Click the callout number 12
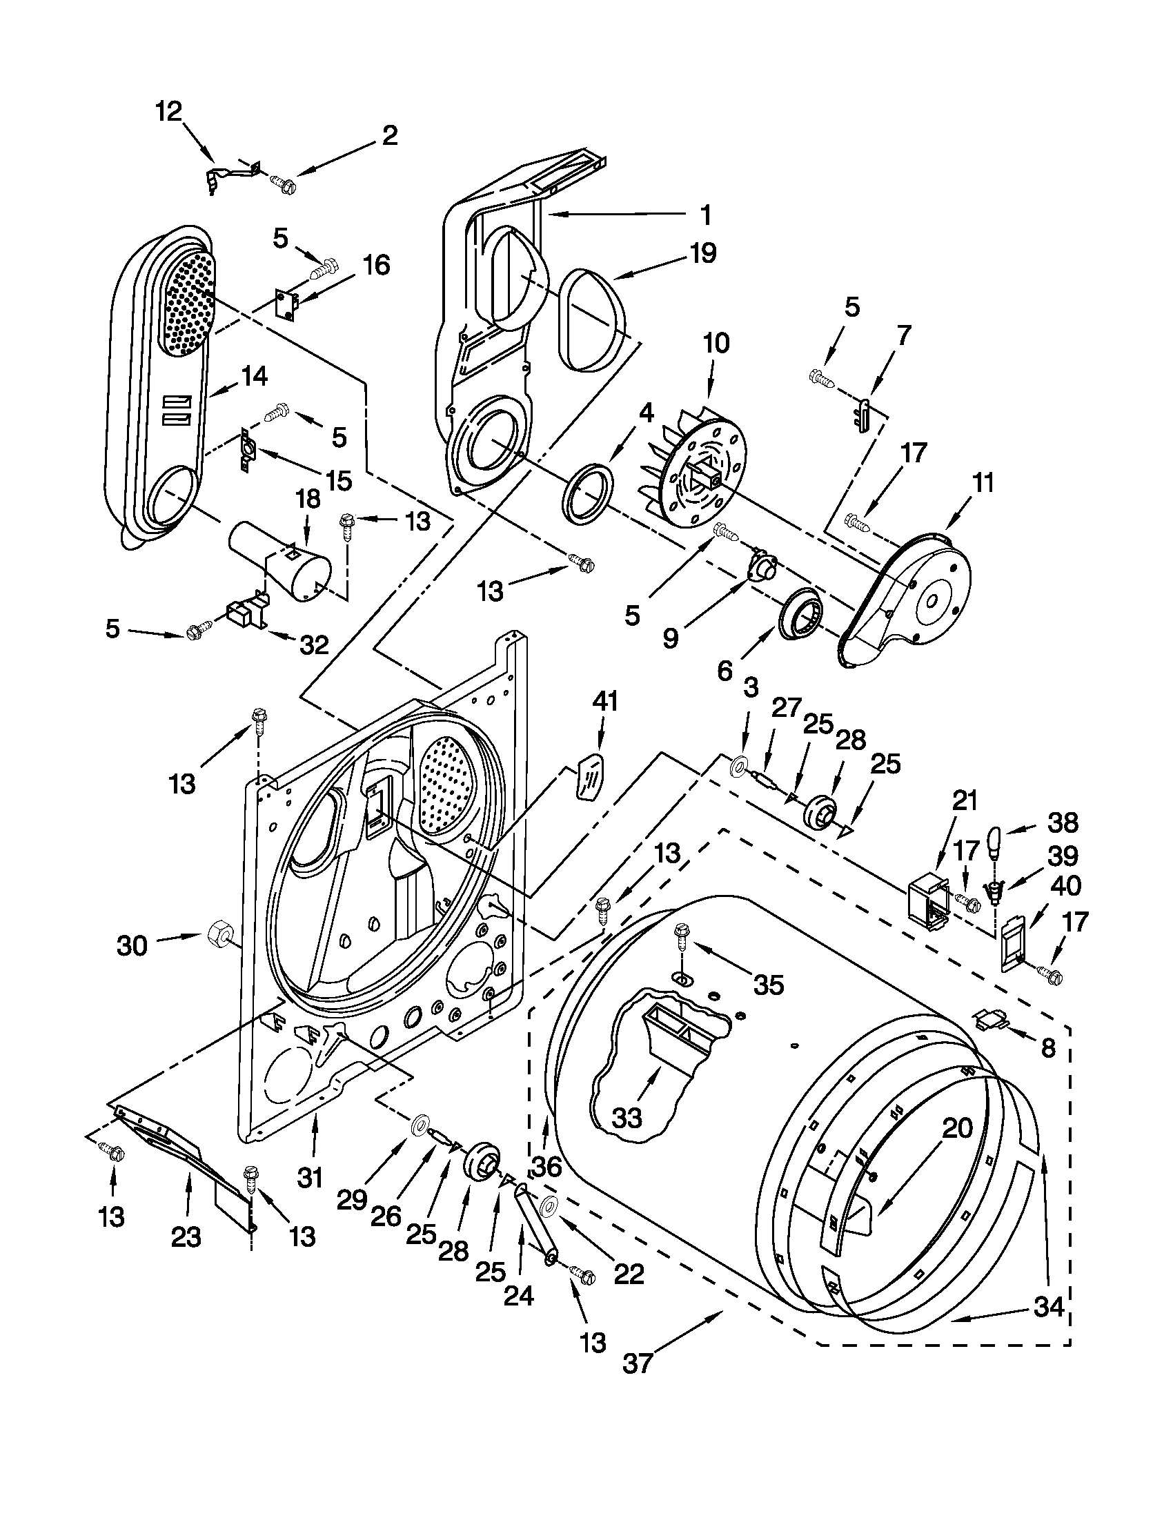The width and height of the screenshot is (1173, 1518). point(168,112)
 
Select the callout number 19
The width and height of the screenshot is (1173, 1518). point(702,254)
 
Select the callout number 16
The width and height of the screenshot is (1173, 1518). point(376,266)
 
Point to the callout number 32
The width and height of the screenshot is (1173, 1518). point(313,646)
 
